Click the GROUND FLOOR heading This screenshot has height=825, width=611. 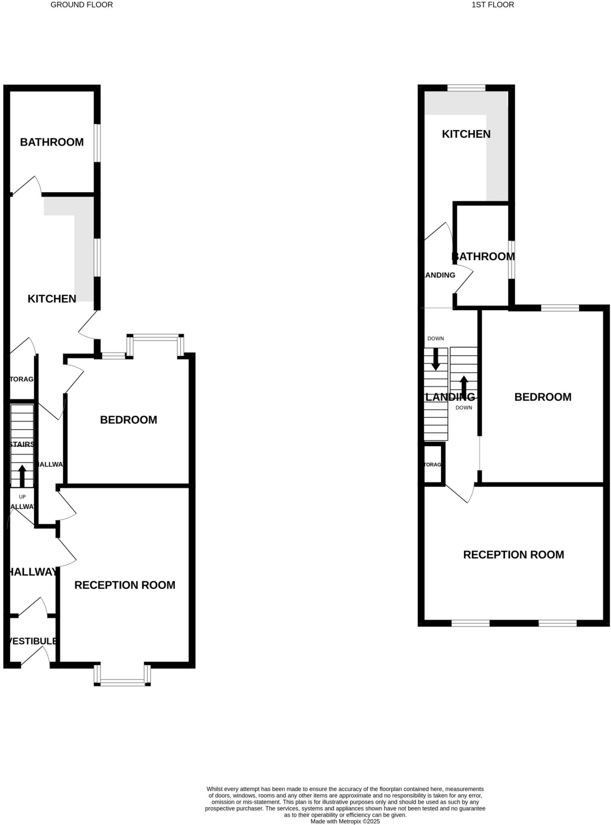[x=81, y=5]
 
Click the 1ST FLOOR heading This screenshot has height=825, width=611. [x=493, y=5]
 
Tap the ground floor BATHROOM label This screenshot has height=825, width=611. [x=52, y=142]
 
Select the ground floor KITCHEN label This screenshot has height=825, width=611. [x=52, y=299]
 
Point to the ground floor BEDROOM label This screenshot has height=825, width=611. [x=128, y=420]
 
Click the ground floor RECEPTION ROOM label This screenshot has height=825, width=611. [x=125, y=585]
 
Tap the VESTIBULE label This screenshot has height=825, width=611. [x=32, y=641]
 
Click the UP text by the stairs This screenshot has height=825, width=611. [x=22, y=497]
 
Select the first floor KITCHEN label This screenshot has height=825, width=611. [x=466, y=134]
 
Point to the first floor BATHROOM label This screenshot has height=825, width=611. [x=483, y=257]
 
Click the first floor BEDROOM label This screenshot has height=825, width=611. [x=543, y=397]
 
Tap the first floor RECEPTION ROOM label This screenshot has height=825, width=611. [x=514, y=555]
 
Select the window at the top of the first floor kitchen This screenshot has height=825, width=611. [x=466, y=88]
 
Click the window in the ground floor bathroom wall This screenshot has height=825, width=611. [x=97, y=143]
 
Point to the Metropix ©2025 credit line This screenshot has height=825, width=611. [x=345, y=821]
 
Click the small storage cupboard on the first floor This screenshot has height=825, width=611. [x=434, y=464]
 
